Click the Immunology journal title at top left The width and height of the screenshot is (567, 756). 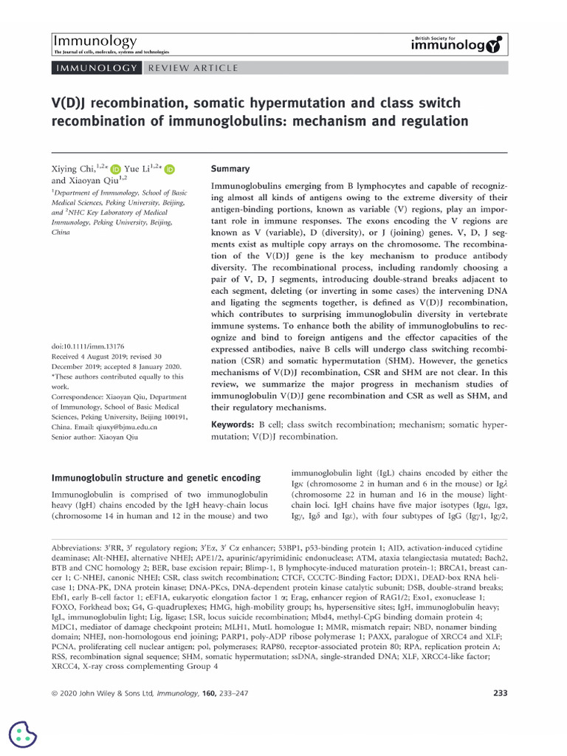click(94, 41)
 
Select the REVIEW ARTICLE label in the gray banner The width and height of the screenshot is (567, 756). click(193, 68)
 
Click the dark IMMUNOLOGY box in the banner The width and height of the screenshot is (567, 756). click(95, 68)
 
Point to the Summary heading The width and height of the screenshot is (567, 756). click(230, 168)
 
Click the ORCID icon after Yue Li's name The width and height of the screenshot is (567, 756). click(170, 169)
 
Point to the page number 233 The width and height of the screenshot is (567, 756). click(499, 693)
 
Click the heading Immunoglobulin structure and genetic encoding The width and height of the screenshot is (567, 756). click(155, 478)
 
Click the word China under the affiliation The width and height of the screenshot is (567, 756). click(61, 231)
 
